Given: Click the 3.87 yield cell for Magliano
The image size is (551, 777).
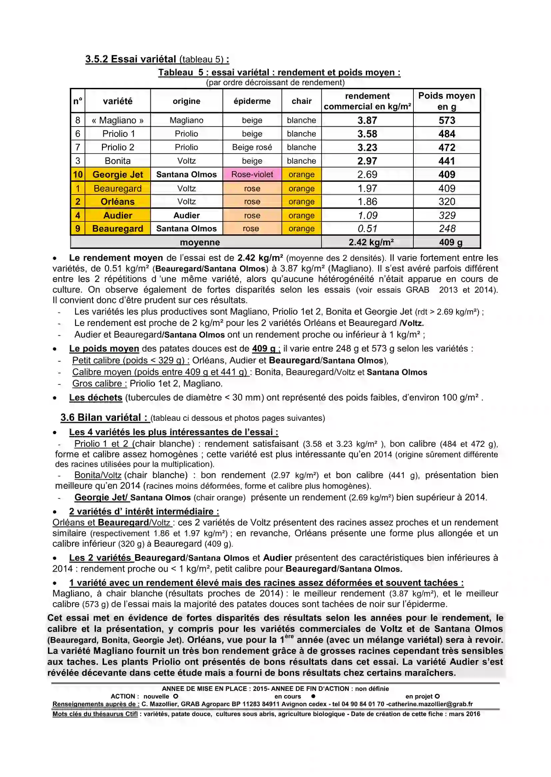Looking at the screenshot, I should tap(367, 121).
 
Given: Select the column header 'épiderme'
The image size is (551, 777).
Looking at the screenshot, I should tap(252, 101).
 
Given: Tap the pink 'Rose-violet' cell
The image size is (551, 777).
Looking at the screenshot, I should tap(252, 174).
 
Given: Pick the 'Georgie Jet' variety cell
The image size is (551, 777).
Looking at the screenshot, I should tap(118, 174).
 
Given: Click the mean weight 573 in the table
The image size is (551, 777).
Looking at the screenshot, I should tap(446, 121).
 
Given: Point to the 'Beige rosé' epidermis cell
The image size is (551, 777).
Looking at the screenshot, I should tap(252, 147).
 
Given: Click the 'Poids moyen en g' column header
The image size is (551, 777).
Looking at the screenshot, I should tap(446, 101).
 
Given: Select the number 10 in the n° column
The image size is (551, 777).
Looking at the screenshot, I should tap(78, 174).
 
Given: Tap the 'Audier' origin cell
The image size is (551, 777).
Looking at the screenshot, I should tap(186, 215).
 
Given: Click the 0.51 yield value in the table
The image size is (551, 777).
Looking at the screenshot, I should tap(367, 228).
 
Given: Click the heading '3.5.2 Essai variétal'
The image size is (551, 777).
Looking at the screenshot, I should tap(131, 59).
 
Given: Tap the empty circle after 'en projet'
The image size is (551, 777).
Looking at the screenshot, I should tap(437, 696).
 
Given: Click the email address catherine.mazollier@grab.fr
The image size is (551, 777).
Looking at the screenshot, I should tap(430, 704).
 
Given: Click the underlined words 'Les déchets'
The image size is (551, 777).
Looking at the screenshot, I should tap(96, 397).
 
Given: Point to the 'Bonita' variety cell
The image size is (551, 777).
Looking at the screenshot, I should tap(118, 161).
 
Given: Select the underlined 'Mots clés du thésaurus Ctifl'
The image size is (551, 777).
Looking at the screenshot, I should tap(95, 714).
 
